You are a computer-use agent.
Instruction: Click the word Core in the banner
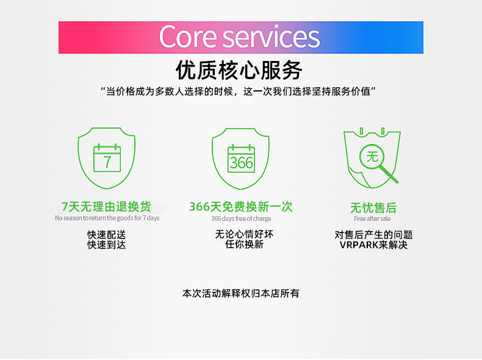pos(188,37)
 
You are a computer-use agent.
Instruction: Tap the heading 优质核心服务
pos(239,70)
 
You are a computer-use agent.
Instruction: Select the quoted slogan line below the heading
pos(238,92)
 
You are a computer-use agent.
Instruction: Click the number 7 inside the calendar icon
pos(107,162)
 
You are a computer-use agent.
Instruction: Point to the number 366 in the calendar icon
pos(242,163)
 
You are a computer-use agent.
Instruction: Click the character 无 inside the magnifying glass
pos(372,157)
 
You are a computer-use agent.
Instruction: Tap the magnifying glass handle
pos(390,175)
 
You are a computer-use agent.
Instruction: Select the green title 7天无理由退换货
pos(106,207)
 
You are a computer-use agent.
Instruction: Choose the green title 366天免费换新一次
pos(241,207)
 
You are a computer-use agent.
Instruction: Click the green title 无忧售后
pos(373,208)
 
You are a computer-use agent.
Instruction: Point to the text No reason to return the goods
pos(98,218)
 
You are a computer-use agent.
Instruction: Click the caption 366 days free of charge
pos(241,218)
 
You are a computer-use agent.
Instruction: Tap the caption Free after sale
pos(372,218)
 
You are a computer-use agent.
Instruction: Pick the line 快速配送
pos(106,235)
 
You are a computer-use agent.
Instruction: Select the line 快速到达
pos(106,245)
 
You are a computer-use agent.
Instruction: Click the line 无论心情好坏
pos(244,234)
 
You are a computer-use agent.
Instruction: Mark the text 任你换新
pos(244,245)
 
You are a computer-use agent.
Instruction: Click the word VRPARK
pos(359,245)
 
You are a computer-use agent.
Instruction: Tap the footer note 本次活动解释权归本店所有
pos(240,293)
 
